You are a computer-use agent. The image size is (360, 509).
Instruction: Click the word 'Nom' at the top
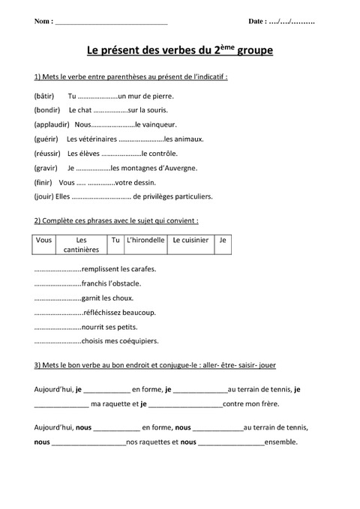[43, 22]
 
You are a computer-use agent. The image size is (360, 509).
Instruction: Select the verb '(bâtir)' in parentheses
[44, 97]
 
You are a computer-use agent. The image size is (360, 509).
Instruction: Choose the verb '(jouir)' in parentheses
[44, 196]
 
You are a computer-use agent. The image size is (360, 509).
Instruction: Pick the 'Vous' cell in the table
[43, 241]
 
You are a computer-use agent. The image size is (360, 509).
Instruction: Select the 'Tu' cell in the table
[115, 241]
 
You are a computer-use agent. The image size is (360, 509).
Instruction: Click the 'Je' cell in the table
[222, 241]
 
